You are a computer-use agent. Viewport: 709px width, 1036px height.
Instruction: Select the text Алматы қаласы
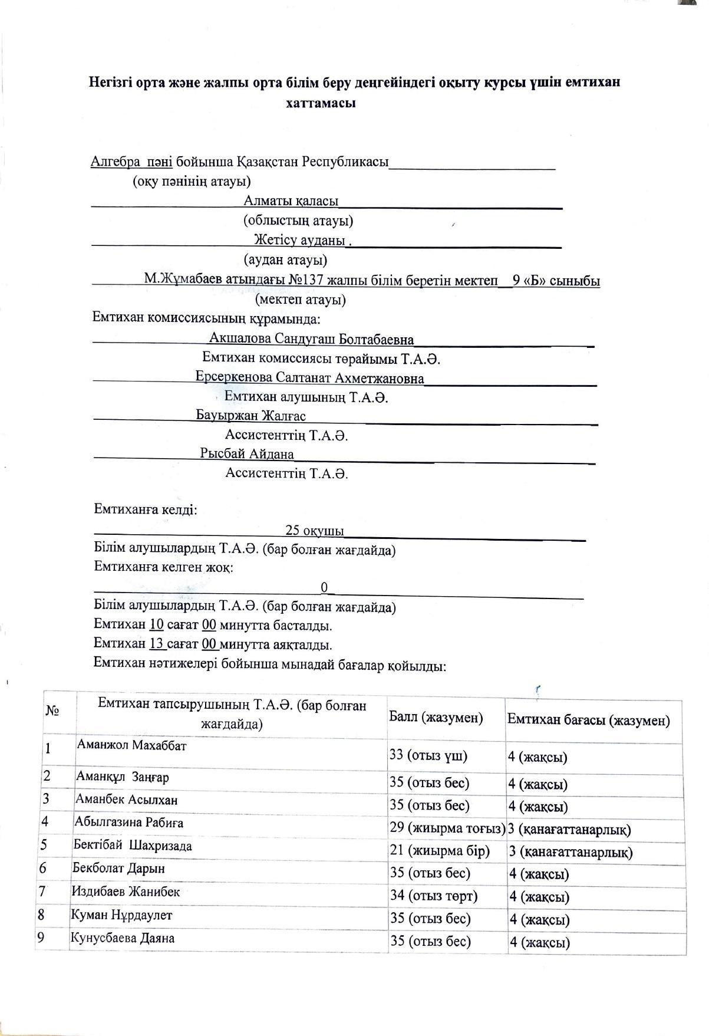(291, 201)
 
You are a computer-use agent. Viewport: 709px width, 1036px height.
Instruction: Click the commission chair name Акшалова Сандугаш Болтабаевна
(311, 339)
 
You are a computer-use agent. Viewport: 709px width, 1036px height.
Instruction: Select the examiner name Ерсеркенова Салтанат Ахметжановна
(310, 378)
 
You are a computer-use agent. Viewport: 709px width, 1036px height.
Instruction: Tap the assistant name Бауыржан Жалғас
(251, 416)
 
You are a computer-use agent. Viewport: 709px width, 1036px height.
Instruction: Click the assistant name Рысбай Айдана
(247, 454)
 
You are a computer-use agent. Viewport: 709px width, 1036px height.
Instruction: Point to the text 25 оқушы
(314, 531)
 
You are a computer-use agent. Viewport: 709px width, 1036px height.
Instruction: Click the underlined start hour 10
(156, 625)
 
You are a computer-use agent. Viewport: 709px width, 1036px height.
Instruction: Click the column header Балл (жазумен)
(436, 718)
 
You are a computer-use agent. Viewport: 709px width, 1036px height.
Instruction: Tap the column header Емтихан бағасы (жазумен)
(588, 720)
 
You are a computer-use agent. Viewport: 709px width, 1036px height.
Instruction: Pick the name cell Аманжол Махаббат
(131, 745)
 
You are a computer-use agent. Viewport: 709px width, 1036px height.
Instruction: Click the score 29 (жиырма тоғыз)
(447, 828)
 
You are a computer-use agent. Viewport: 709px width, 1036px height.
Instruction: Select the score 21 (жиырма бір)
(440, 851)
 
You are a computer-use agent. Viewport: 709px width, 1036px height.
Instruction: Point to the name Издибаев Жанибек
(126, 891)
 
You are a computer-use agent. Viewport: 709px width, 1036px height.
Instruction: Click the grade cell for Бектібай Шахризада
(570, 852)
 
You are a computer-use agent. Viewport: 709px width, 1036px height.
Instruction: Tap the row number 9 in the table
(41, 937)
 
